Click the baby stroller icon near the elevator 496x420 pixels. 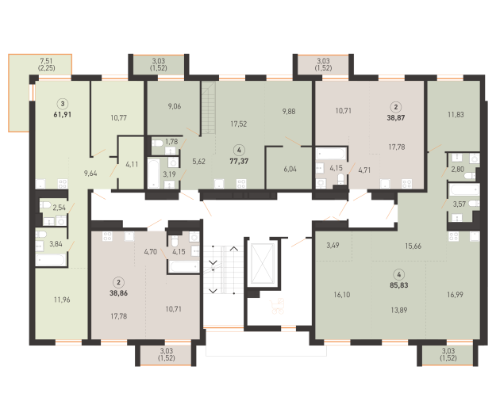tap(277, 307)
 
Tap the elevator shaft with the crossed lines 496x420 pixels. tap(262, 264)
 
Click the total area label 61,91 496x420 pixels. tap(63, 114)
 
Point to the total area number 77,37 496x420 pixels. tap(239, 161)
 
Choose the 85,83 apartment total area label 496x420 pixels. tap(399, 284)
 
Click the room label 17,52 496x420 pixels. tap(239, 124)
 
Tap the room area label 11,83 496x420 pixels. tap(456, 115)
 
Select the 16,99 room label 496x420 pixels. tap(455, 295)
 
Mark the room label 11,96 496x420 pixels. tap(62, 300)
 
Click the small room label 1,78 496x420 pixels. tap(171, 142)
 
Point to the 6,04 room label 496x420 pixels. tap(290, 170)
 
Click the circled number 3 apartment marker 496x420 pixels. tap(63, 104)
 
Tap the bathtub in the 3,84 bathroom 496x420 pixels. tap(51, 260)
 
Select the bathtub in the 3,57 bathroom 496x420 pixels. tap(464, 190)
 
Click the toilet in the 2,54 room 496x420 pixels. tap(45, 205)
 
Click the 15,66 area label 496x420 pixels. tap(413, 246)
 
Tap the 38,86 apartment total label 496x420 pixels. tap(118, 293)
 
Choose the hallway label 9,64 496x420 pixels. tap(90, 174)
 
